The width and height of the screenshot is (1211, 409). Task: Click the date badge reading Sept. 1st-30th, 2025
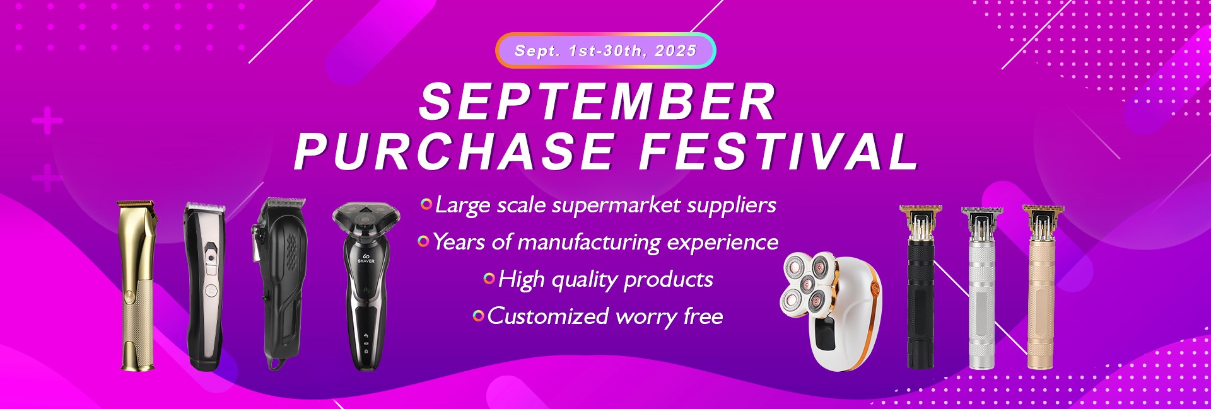pos(605,50)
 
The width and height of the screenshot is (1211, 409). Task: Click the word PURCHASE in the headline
pos(454,151)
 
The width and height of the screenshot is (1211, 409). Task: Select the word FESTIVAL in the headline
pos(778,151)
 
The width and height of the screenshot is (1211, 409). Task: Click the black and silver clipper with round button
pos(205,287)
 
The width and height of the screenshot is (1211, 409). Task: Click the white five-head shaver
pos(831,309)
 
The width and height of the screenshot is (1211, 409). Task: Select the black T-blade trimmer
pos(920,287)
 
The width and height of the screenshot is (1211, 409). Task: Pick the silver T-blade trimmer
pos(982,287)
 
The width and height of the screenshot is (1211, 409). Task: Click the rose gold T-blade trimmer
pos(1043,287)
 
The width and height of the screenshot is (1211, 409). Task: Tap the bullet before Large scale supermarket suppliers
pos(426,204)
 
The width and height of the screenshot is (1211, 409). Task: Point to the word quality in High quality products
pos(585,280)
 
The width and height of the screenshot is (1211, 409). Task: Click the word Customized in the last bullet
pos(547,316)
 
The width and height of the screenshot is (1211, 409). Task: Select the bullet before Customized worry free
pos(478,315)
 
